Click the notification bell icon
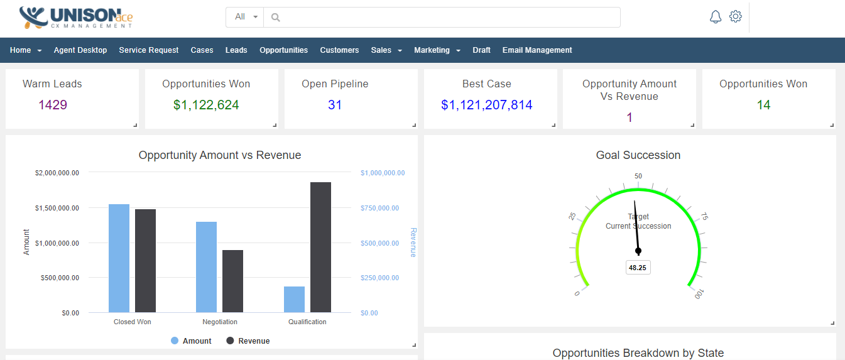coord(715,17)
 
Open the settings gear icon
coord(736,17)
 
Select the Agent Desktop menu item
coord(80,50)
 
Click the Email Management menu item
coord(537,50)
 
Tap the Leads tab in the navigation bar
coord(236,50)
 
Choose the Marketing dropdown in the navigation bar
coord(437,50)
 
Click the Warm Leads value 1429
coord(53,105)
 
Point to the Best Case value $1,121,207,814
coord(487,105)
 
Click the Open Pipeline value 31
coord(335,105)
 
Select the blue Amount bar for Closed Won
coord(119,258)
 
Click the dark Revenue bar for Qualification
coord(320,247)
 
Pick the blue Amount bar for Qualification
coord(294,299)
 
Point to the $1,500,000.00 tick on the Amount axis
coord(57,208)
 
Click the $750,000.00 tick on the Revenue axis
coord(383,208)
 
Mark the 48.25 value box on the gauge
coord(638,268)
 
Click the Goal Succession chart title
coord(638,155)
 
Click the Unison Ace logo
coord(76,18)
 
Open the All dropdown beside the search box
coord(245,17)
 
